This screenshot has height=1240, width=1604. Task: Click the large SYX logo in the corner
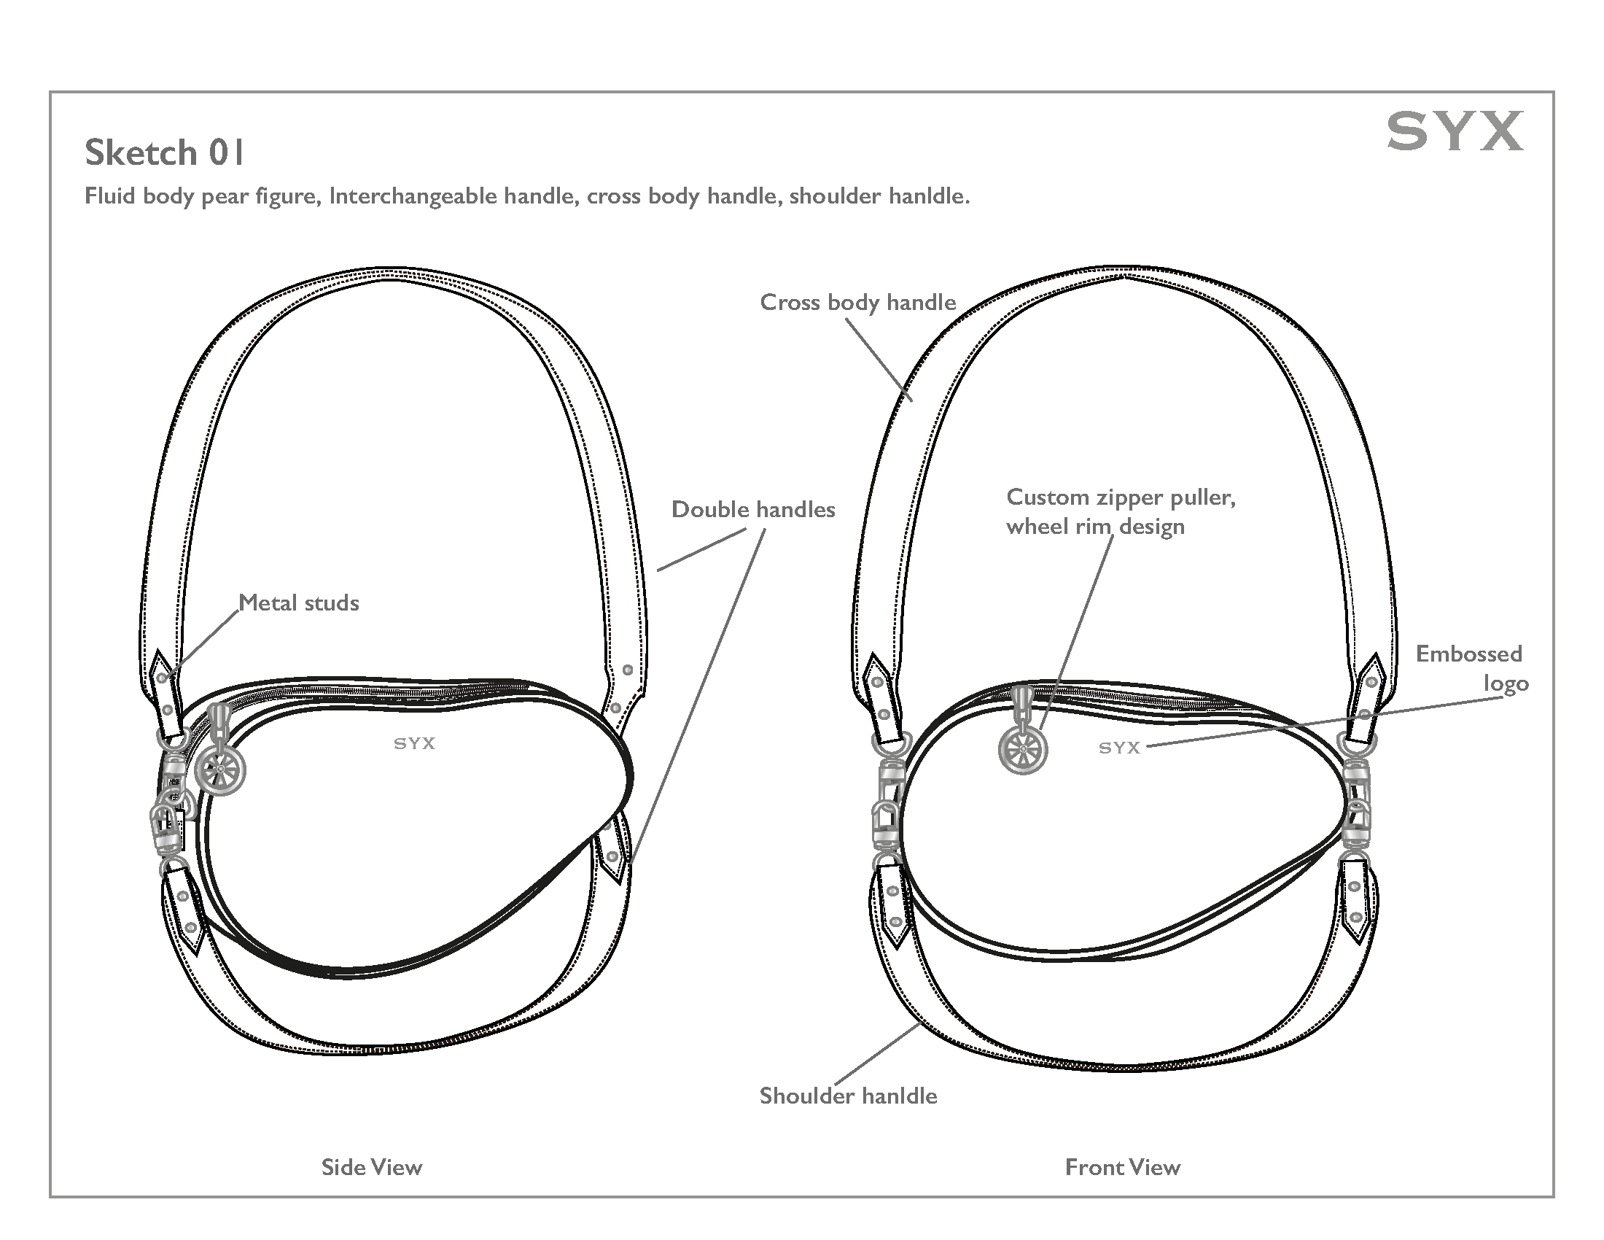[1455, 131]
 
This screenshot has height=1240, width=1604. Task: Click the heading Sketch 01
[164, 152]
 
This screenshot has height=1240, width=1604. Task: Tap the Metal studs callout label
[299, 603]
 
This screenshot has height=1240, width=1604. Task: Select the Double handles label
[753, 510]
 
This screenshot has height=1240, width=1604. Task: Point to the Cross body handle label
[858, 302]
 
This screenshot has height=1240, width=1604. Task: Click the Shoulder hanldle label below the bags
[848, 1096]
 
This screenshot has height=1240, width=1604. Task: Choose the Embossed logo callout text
[1471, 668]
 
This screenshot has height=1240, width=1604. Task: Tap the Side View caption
[372, 1167]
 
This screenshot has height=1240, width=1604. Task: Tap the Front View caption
[1122, 1167]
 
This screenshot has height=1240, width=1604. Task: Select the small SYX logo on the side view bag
[415, 743]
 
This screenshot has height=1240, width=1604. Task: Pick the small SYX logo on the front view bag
[1119, 748]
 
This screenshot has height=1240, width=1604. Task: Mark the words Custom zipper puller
[1121, 497]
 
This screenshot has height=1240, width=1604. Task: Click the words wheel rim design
[1095, 527]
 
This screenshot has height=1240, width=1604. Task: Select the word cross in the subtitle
[613, 196]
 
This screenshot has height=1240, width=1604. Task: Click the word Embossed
[1468, 654]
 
